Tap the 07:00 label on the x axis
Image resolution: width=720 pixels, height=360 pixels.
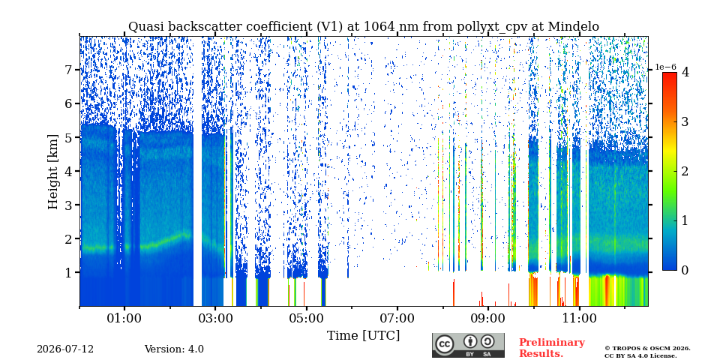tap(397, 319)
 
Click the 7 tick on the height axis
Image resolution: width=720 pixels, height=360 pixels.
tap(70, 70)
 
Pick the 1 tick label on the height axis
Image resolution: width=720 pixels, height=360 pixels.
tap(70, 272)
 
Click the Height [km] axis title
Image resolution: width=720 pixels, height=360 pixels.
tap(54, 172)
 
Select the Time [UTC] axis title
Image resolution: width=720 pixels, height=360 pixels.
tap(363, 336)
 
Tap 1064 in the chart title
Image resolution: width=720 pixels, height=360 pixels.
tap(379, 27)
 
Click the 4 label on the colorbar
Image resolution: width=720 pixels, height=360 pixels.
tap(685, 72)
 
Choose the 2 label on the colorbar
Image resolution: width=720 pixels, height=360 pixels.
tap(685, 171)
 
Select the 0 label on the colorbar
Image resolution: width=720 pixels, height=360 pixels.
tap(685, 271)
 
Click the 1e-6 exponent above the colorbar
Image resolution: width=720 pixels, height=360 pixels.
tap(665, 67)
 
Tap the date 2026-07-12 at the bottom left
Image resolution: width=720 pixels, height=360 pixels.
tap(65, 349)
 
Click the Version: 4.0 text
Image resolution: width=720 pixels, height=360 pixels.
tap(174, 349)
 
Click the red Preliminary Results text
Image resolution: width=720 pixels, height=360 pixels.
tap(552, 348)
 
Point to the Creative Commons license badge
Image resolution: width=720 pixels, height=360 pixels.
tap(468, 345)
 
